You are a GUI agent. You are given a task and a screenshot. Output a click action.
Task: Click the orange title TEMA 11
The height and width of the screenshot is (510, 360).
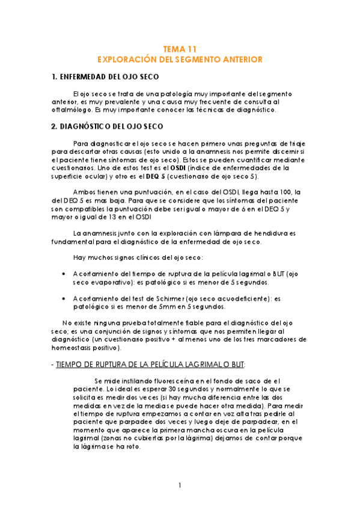180,49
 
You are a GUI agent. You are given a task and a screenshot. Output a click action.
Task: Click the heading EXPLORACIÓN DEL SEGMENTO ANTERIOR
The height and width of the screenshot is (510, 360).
180,60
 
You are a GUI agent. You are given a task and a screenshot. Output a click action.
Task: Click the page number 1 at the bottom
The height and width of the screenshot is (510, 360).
180,485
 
